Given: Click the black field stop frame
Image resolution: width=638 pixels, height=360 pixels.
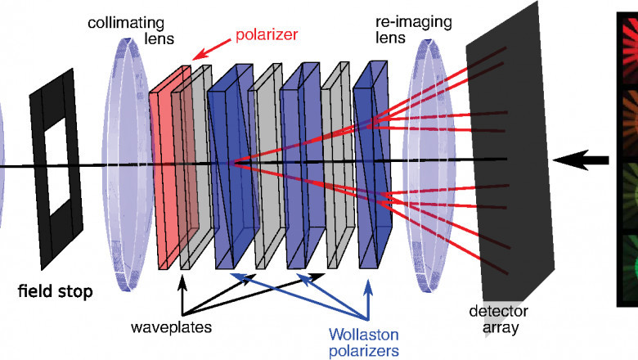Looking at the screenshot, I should tap(39, 164).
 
